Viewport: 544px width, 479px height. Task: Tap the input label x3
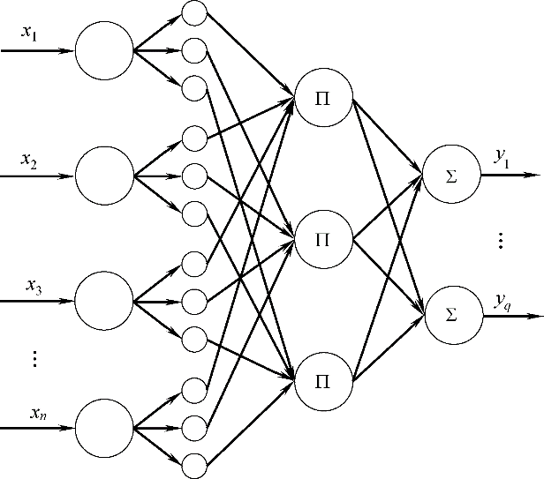click(x=34, y=286)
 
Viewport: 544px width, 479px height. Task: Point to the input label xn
click(x=36, y=412)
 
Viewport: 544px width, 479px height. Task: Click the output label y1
click(x=502, y=158)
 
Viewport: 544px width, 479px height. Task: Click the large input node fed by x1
click(x=103, y=50)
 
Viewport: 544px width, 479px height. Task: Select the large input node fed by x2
click(x=103, y=176)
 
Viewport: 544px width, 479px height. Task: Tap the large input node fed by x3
click(x=103, y=302)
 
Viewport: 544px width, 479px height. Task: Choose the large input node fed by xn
click(x=103, y=428)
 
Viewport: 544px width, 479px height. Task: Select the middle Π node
click(x=322, y=239)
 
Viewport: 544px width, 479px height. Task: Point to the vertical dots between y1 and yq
click(x=501, y=240)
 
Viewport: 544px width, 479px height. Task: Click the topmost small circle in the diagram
click(x=193, y=13)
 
